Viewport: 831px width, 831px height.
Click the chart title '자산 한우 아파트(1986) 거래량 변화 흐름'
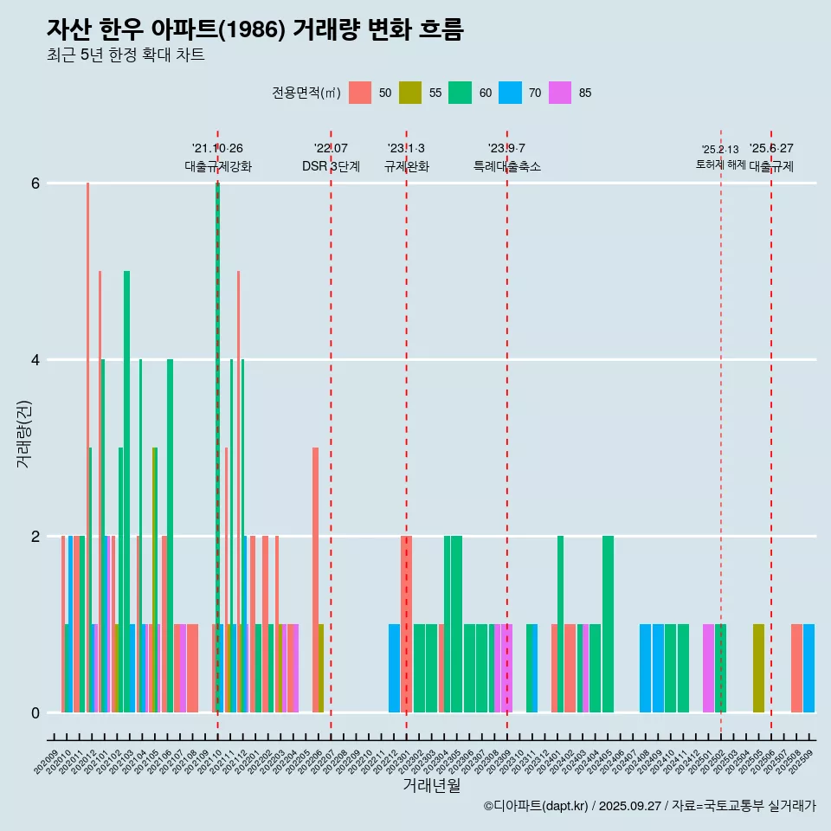tap(255, 29)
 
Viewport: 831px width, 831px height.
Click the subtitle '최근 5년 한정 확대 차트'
tap(126, 55)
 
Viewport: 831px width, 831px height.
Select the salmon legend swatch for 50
tap(359, 93)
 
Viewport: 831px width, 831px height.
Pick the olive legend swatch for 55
tap(409, 93)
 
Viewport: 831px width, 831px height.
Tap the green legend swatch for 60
tap(460, 93)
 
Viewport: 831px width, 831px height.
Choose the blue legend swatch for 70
tap(510, 93)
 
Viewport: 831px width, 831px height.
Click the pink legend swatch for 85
tap(560, 93)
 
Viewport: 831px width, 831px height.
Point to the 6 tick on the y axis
tap(35, 184)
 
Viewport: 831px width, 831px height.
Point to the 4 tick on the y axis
tap(35, 360)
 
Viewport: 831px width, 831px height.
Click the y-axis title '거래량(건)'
tap(23, 433)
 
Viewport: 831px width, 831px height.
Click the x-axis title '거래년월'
tap(431, 785)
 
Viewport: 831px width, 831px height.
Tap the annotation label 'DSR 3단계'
tap(331, 166)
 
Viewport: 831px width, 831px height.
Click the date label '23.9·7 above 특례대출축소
tap(506, 148)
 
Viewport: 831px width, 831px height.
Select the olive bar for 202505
tap(758, 668)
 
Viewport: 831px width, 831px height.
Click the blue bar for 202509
tap(808, 668)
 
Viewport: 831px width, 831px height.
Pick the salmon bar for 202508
tap(796, 668)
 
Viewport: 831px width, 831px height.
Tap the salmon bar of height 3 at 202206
tap(315, 580)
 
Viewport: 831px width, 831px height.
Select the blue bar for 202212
tap(394, 668)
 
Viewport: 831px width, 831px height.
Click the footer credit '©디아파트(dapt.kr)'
tap(537, 806)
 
